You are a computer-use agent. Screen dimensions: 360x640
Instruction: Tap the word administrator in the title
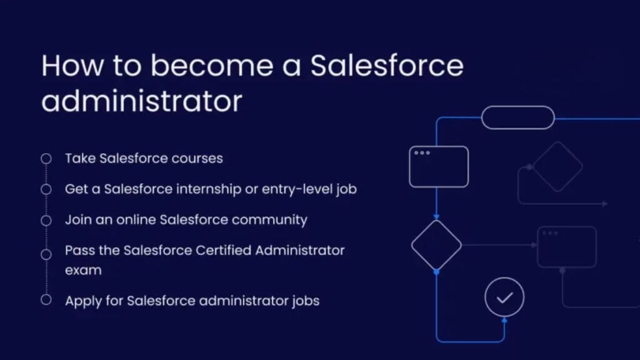pos(141,101)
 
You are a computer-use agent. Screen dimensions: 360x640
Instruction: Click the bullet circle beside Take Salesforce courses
pos(46,159)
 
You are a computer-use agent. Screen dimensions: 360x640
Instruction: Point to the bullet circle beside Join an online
pos(46,220)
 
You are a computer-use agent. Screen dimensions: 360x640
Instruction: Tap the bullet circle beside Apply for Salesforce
pos(46,300)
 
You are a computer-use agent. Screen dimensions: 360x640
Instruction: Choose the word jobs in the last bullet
pos(305,301)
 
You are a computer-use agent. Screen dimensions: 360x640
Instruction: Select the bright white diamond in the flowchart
pos(436,245)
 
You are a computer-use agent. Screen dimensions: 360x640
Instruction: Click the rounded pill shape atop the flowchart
pos(517,117)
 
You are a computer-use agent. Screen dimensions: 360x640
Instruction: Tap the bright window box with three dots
pos(439,166)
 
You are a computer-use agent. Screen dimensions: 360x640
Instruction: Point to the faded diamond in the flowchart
pos(557,166)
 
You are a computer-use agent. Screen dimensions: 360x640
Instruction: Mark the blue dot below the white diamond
pos(436,272)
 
